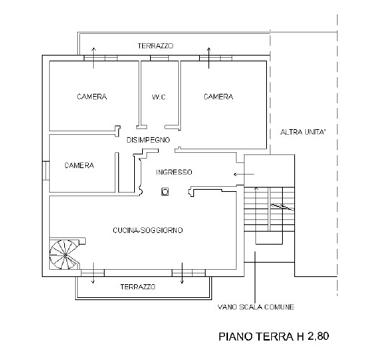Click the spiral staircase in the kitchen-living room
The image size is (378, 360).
click(64, 255)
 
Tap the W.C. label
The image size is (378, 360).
click(159, 97)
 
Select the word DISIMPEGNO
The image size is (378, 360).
click(148, 139)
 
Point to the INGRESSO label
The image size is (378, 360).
click(174, 172)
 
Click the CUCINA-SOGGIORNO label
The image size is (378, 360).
click(148, 230)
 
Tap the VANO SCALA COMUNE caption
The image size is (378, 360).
click(256, 307)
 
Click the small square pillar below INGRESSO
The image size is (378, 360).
click(165, 192)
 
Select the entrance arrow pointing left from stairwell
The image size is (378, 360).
click(244, 175)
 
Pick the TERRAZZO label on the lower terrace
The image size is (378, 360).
click(138, 287)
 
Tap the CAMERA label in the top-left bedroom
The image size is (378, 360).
click(92, 97)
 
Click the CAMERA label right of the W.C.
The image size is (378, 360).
click(218, 97)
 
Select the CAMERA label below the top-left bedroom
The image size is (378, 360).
click(79, 165)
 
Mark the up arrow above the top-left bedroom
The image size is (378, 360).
click(94, 53)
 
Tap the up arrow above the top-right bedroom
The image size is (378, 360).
click(210, 56)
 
